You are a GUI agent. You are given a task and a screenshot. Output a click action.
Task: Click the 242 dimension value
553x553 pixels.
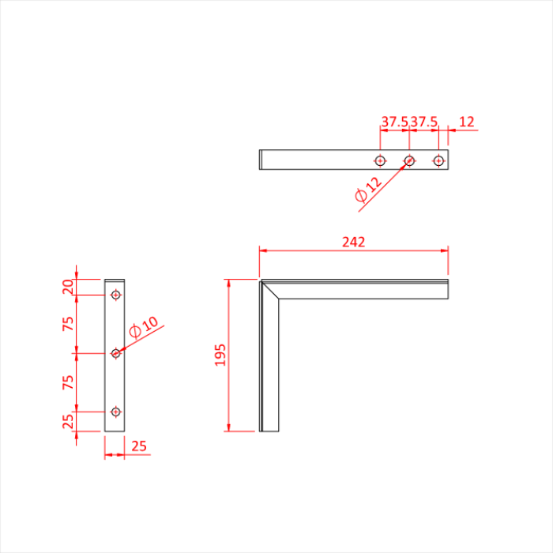point(353,243)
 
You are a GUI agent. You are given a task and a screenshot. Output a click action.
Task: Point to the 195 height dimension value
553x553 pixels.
point(220,355)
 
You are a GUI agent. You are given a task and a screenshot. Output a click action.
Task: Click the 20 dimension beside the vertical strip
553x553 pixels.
point(68,287)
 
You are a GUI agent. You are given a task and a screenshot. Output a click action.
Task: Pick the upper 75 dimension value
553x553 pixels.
point(68,323)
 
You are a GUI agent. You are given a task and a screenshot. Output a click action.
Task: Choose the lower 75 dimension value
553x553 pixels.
point(68,382)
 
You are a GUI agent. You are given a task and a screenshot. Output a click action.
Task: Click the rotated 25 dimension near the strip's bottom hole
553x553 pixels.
point(68,421)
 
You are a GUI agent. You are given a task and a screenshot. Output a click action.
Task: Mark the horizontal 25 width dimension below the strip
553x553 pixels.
point(139,446)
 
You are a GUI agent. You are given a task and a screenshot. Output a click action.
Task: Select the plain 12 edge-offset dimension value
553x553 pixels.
point(467,122)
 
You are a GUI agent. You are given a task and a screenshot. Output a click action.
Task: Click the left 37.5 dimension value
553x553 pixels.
point(394,122)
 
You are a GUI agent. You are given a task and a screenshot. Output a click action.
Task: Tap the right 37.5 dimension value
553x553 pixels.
point(424,122)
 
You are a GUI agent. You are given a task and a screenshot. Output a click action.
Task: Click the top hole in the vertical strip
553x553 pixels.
point(116,295)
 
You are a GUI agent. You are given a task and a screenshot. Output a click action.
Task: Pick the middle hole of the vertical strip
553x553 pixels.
point(116,353)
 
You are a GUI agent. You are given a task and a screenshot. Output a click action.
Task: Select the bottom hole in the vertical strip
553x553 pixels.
point(116,412)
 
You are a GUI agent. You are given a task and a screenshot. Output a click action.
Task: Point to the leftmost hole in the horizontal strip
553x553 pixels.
point(380,160)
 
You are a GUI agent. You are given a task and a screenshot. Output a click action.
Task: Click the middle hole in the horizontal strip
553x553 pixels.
point(409,160)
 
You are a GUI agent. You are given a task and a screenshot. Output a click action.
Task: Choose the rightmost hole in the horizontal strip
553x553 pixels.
point(438,160)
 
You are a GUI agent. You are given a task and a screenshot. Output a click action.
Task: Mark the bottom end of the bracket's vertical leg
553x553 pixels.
point(269,431)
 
